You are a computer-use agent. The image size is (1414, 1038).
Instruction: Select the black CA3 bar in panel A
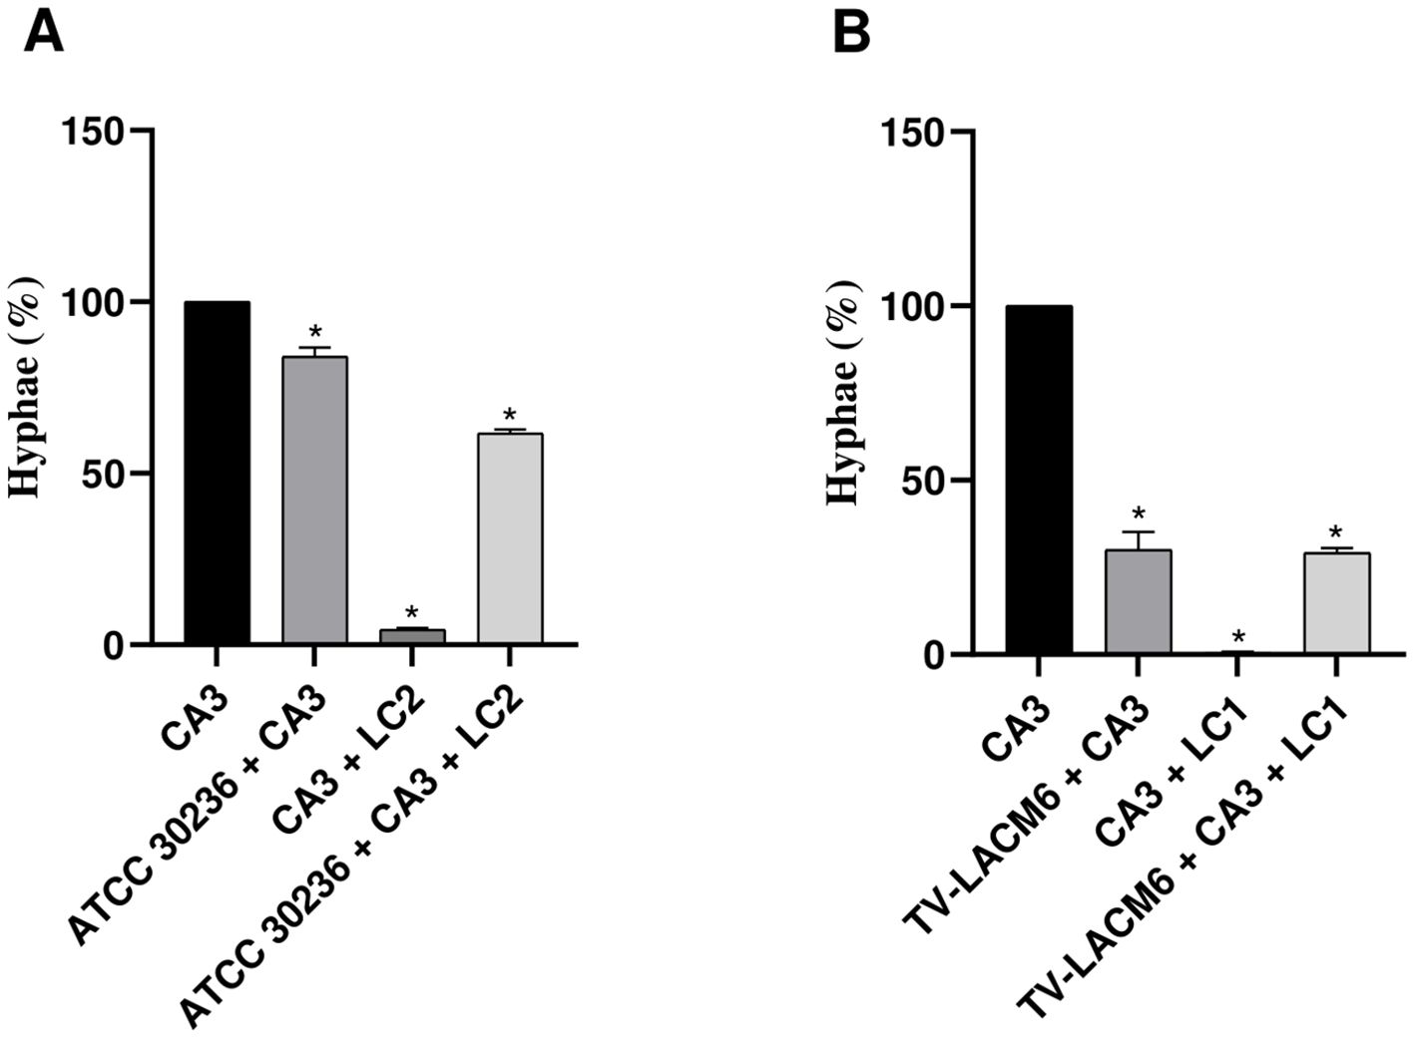[217, 473]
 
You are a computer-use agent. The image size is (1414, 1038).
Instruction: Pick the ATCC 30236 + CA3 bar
[314, 500]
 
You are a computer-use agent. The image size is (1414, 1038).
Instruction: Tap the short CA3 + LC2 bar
[412, 636]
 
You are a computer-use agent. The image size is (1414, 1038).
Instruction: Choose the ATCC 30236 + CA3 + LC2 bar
[510, 538]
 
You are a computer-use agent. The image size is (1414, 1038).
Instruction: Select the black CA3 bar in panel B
[1039, 481]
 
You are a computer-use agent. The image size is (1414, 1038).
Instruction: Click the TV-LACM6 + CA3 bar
[1138, 602]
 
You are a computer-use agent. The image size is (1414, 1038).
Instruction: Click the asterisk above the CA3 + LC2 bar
[412, 612]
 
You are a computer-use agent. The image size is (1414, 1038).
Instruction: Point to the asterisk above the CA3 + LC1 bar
[1237, 636]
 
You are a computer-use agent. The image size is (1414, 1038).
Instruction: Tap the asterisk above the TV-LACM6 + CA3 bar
[1138, 516]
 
